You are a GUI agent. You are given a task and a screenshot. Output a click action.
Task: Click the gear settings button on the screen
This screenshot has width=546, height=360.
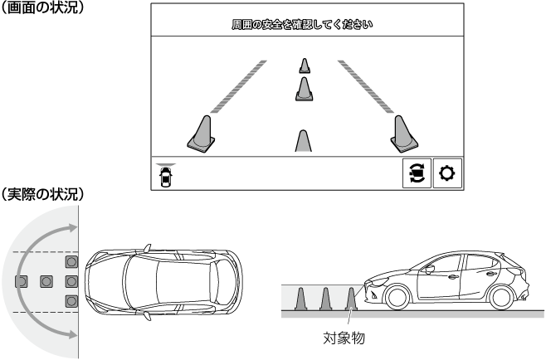click(447, 173)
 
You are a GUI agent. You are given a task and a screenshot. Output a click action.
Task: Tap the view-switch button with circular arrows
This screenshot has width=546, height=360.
click(417, 173)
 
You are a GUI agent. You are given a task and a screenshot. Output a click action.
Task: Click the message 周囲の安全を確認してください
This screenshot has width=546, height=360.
click(302, 25)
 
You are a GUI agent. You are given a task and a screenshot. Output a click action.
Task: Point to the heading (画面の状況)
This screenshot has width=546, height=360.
click(41, 7)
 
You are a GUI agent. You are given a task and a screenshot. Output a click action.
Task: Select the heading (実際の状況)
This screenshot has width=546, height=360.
click(41, 194)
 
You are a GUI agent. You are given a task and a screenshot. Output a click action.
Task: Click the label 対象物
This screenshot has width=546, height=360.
click(344, 338)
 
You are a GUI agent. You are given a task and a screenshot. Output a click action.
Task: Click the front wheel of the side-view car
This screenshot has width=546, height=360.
click(397, 298)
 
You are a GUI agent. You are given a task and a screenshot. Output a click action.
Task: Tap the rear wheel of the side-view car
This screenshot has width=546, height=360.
click(502, 298)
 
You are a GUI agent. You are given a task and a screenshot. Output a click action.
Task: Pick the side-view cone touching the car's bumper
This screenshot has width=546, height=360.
click(351, 299)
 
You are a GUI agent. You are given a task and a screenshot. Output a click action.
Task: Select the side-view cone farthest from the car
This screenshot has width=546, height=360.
click(300, 299)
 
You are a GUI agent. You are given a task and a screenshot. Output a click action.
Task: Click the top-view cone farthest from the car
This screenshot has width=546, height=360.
click(22, 281)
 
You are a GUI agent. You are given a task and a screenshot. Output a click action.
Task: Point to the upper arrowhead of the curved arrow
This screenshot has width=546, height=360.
click(72, 228)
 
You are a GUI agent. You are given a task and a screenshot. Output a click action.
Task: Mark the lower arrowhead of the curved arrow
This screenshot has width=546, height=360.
click(72, 335)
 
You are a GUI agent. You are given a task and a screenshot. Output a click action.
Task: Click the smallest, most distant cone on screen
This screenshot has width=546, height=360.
click(305, 66)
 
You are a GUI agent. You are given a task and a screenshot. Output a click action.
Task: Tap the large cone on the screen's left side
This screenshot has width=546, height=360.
click(202, 134)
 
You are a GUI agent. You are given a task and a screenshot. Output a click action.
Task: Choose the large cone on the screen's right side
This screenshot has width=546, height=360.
click(403, 134)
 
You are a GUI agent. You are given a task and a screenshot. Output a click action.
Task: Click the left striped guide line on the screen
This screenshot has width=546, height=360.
click(238, 87)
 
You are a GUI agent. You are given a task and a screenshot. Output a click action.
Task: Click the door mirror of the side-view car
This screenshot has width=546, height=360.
click(430, 269)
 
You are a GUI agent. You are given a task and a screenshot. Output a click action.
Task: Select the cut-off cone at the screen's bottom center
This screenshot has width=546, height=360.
click(304, 141)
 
